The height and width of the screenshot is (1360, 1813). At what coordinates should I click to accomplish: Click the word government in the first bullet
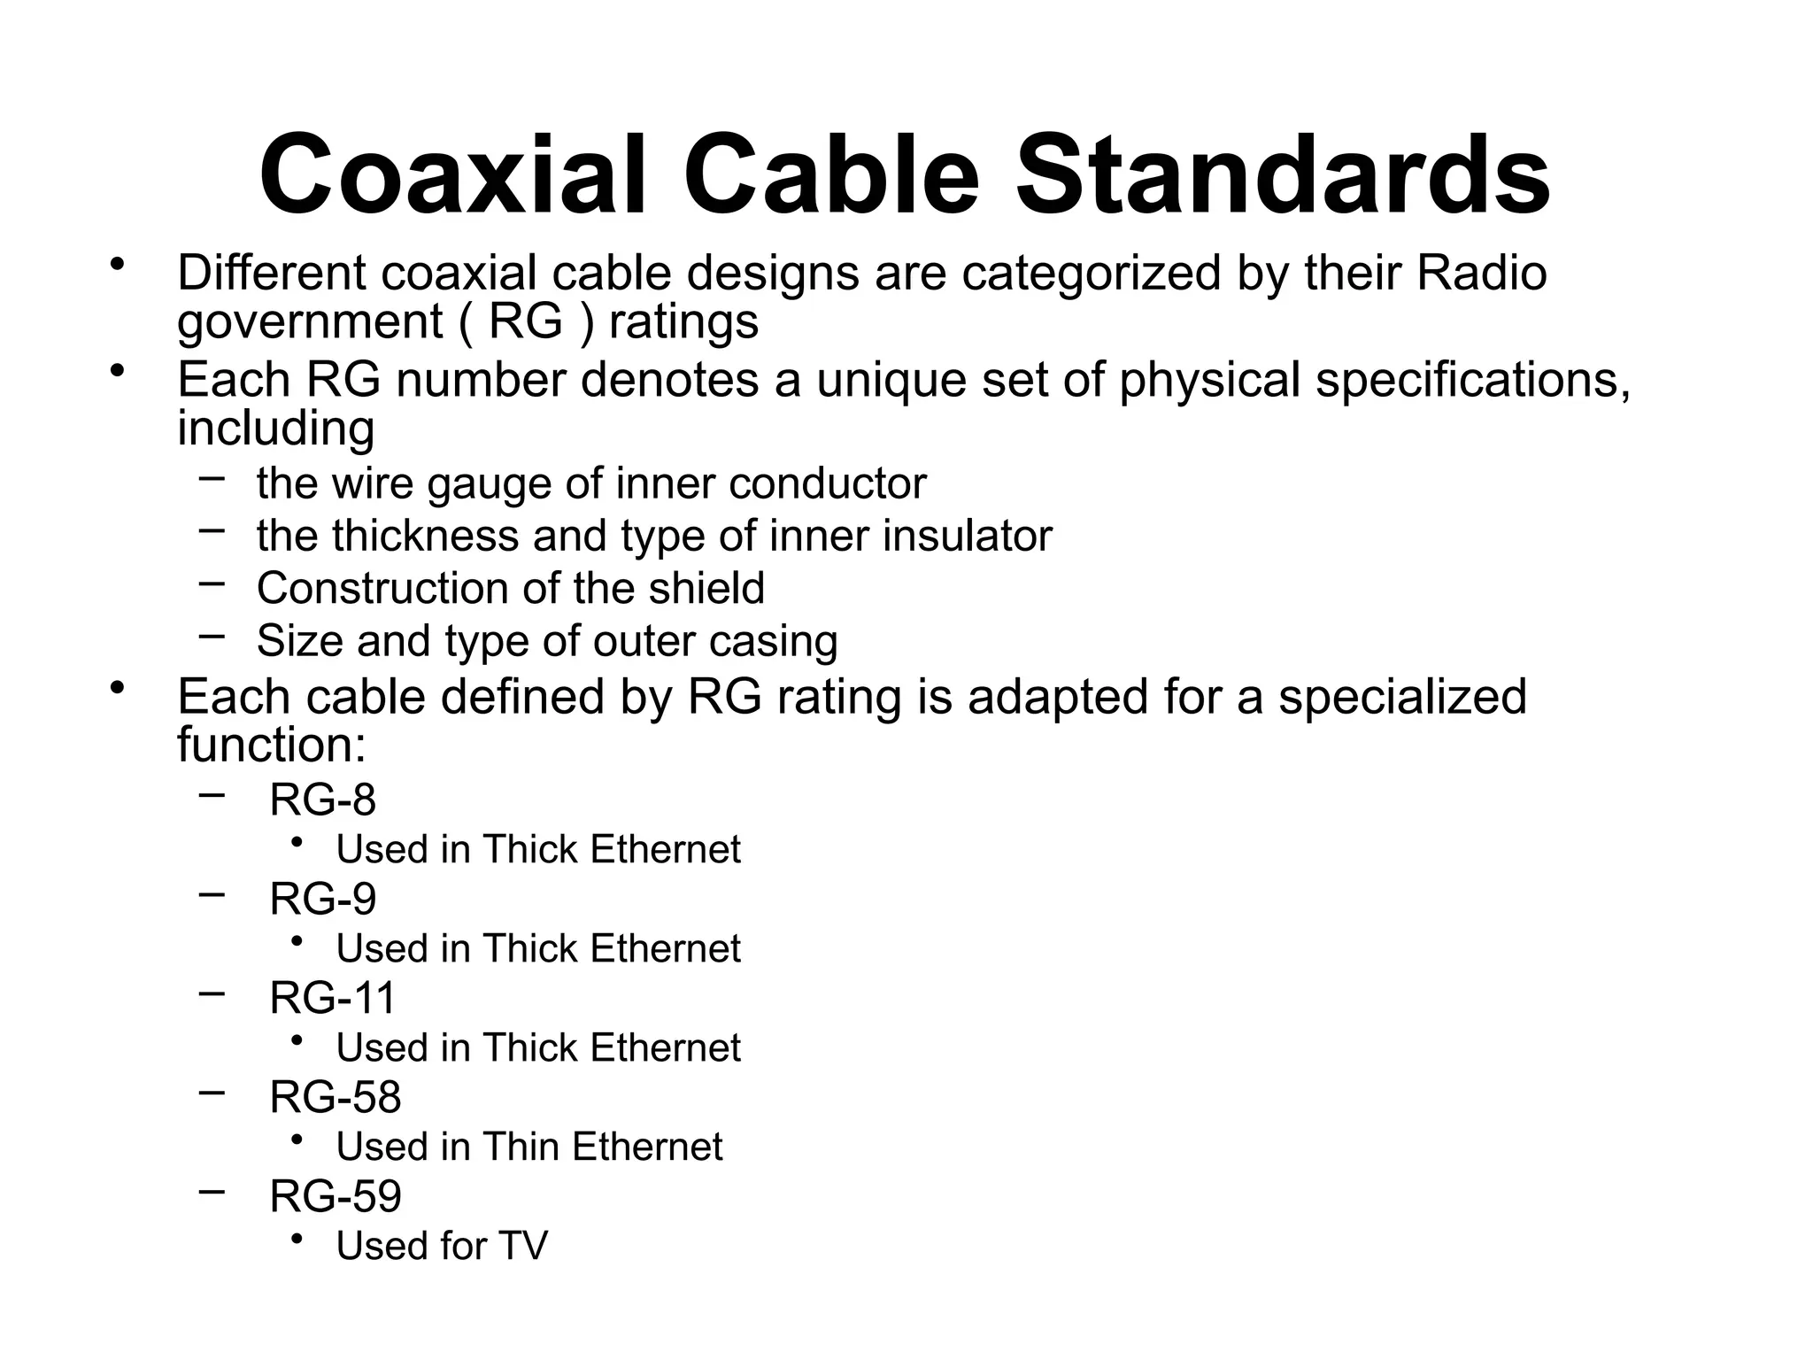coord(309,321)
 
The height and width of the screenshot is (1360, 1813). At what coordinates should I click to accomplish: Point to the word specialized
coord(1403,697)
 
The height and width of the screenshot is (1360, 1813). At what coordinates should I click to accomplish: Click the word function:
coord(272,744)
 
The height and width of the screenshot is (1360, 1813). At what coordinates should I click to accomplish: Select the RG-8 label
coord(323,800)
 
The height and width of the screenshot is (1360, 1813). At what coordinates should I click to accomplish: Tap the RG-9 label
coord(323,899)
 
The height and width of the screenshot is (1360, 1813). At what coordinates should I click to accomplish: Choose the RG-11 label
coord(333,998)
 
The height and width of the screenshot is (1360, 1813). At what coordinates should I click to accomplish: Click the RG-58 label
coord(336,1097)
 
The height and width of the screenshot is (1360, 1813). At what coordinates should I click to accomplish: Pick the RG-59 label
coord(336,1196)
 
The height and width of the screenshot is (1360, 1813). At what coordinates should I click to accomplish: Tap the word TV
coord(523,1246)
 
